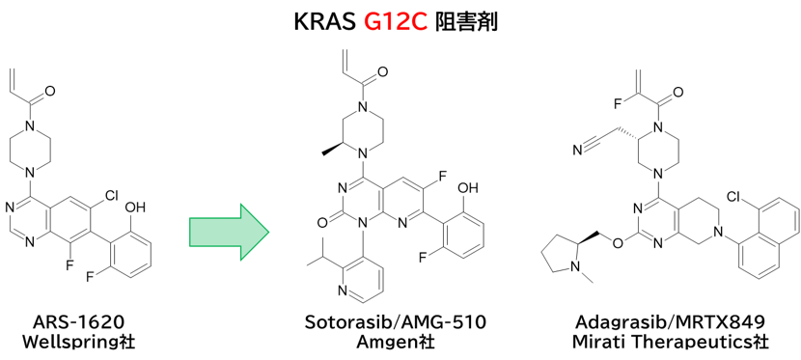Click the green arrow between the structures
click(229, 233)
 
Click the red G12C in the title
click(396, 22)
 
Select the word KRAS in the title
click(325, 22)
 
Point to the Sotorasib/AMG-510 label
click(396, 322)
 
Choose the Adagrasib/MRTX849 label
click(670, 322)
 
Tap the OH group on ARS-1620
click(135, 208)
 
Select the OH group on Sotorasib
click(467, 188)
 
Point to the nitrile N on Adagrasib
click(577, 151)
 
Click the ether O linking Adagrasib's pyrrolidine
click(619, 242)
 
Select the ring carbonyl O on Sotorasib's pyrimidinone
click(320, 223)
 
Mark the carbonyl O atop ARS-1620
click(49, 92)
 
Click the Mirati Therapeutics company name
click(670, 342)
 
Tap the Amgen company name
click(396, 342)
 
